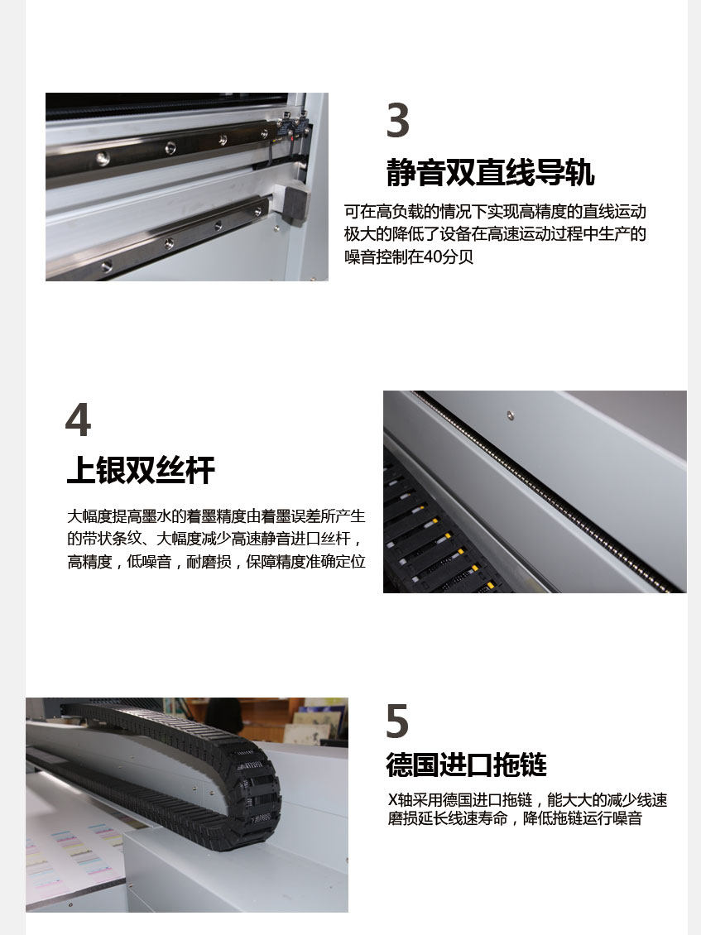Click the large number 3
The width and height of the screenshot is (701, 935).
tap(398, 121)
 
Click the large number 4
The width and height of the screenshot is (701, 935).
tap(78, 420)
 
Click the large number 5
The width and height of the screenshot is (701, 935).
tap(397, 721)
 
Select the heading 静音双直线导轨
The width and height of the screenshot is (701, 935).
tap(490, 172)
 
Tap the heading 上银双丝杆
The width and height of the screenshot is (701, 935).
tap(141, 470)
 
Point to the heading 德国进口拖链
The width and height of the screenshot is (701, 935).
tap(466, 765)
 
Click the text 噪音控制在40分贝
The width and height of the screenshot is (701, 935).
tap(409, 257)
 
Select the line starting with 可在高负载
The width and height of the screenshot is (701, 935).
tap(495, 212)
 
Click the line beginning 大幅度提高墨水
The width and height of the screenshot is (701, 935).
tap(216, 515)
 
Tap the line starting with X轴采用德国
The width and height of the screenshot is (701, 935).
tap(527, 799)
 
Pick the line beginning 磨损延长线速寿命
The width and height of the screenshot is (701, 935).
tap(515, 818)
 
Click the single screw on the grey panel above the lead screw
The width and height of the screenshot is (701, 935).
tap(510, 415)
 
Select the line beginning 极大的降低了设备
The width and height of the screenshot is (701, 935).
tap(495, 233)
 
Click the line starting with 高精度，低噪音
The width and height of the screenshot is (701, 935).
tap(216, 562)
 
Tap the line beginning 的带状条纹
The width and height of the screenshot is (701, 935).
tap(214, 539)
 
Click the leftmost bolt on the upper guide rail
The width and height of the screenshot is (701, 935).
tap(103, 158)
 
